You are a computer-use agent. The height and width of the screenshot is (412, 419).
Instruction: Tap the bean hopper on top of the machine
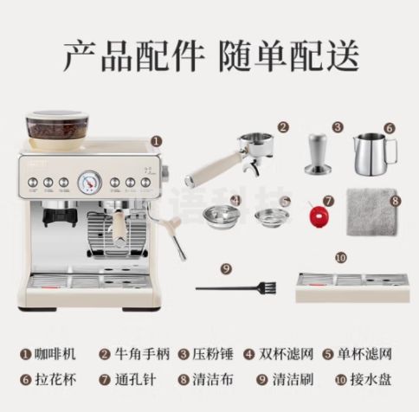click(x=55, y=129)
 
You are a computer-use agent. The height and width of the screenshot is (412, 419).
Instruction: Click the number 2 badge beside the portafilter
click(x=281, y=126)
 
